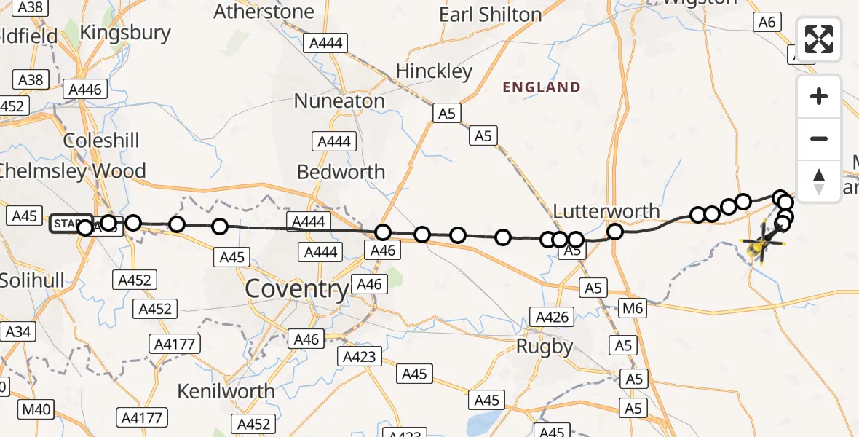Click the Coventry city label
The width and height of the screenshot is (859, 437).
click(297, 289)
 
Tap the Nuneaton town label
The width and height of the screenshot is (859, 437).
click(339, 101)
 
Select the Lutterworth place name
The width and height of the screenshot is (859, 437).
click(606, 212)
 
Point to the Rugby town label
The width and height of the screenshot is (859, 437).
click(545, 347)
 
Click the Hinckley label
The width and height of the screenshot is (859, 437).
click(434, 71)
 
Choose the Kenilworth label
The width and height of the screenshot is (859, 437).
click(226, 391)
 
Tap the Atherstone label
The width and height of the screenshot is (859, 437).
click(264, 12)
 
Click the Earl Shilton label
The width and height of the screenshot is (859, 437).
click(491, 15)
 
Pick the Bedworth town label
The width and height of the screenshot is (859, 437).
click(341, 172)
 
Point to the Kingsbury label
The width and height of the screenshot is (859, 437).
click(125, 33)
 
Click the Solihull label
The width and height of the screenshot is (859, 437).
click(33, 280)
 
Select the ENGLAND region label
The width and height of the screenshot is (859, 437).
click(542, 88)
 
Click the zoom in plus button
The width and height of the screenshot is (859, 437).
click(819, 96)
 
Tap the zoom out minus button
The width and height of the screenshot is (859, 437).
click(819, 138)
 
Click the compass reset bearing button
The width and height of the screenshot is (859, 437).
click(819, 180)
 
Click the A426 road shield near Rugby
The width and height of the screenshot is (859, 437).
click(550, 317)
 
